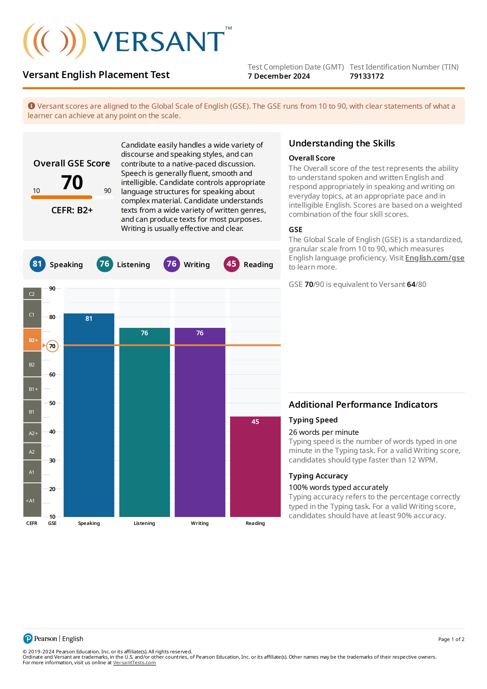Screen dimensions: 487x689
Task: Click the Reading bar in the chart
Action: pyautogui.click(x=255, y=467)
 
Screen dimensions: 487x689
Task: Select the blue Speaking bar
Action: pyautogui.click(x=89, y=415)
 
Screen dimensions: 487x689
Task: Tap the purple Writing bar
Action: pyautogui.click(x=200, y=422)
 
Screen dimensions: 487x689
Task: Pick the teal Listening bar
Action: pyautogui.click(x=145, y=422)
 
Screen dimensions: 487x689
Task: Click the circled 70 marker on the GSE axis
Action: pyautogui.click(x=52, y=346)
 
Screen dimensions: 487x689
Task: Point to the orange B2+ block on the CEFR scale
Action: pyautogui.click(x=32, y=340)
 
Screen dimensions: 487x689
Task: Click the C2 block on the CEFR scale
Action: pyautogui.click(x=32, y=294)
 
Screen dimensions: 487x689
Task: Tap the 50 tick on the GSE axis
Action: pyautogui.click(x=52, y=403)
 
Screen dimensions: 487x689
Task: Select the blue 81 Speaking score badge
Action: pyautogui.click(x=37, y=264)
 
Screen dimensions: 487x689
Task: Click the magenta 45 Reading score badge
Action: pyautogui.click(x=231, y=264)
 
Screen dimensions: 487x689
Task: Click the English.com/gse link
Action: pyautogui.click(x=435, y=258)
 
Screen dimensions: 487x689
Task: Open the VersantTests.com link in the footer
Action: pyautogui.click(x=134, y=662)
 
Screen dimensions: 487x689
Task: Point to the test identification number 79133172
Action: pyautogui.click(x=367, y=76)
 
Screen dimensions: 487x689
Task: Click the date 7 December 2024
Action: pyautogui.click(x=279, y=76)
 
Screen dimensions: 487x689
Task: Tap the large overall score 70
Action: pyautogui.click(x=72, y=182)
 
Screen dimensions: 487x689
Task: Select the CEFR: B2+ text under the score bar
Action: pyautogui.click(x=72, y=210)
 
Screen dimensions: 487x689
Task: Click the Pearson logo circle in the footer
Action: pyautogui.click(x=28, y=639)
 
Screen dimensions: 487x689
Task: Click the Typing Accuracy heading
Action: pyautogui.click(x=318, y=476)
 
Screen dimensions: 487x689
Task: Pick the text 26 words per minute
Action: pyautogui.click(x=323, y=432)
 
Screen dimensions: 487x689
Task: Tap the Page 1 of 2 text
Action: pyautogui.click(x=451, y=639)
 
